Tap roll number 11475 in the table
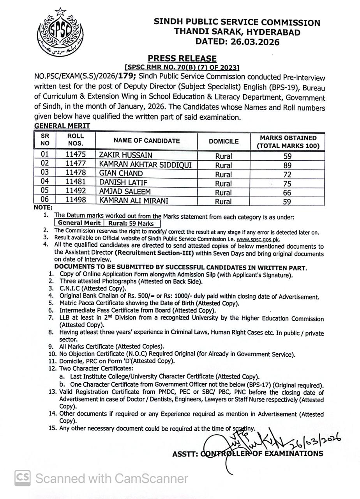[76, 155]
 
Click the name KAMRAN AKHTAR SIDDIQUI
[145, 165]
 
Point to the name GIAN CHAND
[121, 173]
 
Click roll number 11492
[76, 192]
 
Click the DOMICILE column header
[224, 141]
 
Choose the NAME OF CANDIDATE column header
[146, 141]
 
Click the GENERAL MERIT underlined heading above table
[62, 126]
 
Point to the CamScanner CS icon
[23, 478]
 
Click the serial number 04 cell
[45, 182]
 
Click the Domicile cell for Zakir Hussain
[223, 156]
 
